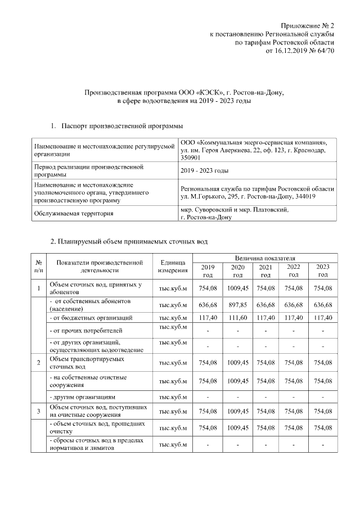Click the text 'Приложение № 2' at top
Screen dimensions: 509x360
pos(308,26)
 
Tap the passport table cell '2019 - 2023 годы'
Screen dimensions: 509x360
pos(204,171)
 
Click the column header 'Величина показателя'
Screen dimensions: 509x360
pos(264,257)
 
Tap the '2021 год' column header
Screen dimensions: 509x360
pos(265,271)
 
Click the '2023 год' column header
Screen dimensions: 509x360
pos(322,271)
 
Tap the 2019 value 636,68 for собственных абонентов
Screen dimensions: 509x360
pos(208,305)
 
